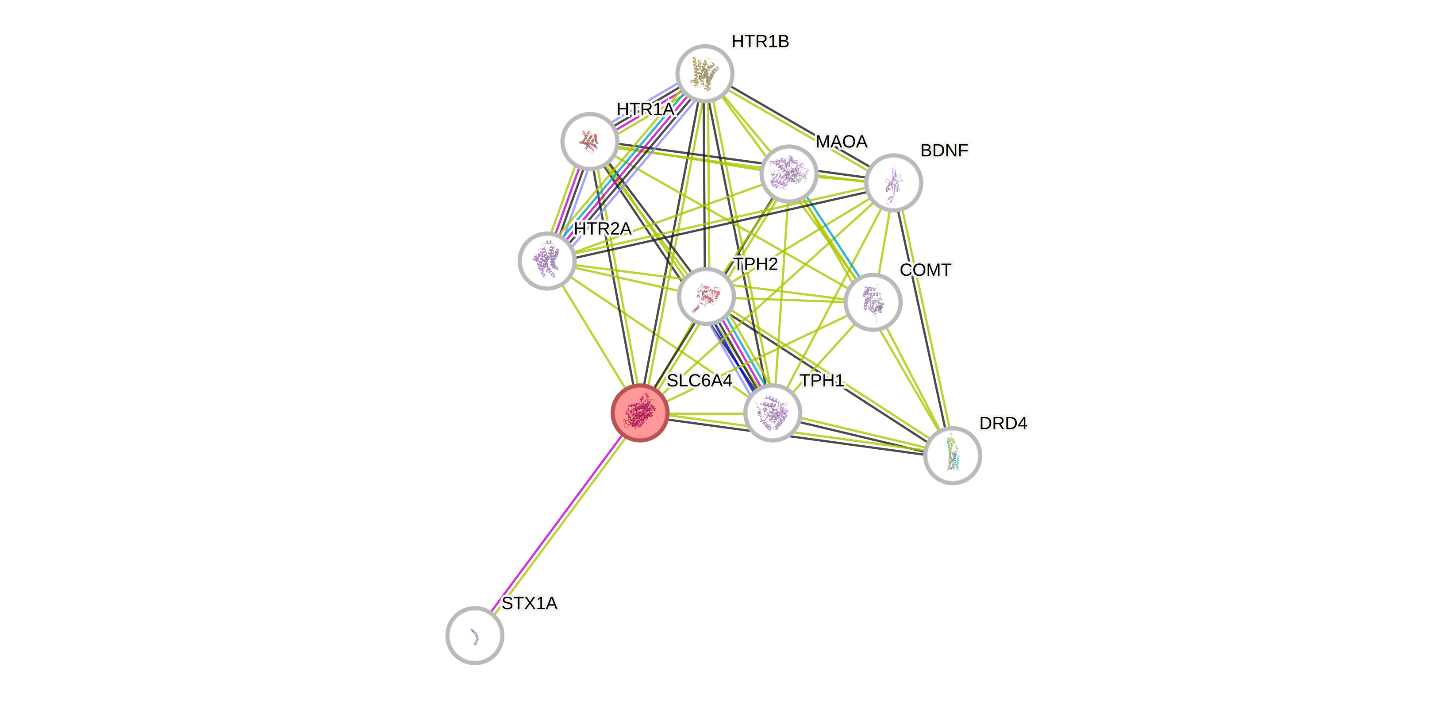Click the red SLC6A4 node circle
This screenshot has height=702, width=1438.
click(x=640, y=413)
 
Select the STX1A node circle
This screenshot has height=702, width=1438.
click(x=474, y=635)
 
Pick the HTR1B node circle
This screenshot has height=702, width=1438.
click(x=704, y=74)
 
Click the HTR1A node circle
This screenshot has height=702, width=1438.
click(x=589, y=141)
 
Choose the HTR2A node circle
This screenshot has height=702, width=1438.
click(x=547, y=261)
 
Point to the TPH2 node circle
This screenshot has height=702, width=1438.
click(x=706, y=296)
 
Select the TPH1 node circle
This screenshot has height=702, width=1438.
click(x=773, y=413)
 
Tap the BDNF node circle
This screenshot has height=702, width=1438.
click(x=893, y=183)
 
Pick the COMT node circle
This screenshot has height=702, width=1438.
click(x=873, y=302)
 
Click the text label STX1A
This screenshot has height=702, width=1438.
click(x=529, y=603)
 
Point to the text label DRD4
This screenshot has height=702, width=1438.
click(x=1003, y=423)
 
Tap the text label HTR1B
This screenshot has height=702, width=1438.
click(x=760, y=41)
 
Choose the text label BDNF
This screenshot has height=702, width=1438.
click(x=944, y=150)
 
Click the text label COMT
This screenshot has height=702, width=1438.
click(x=926, y=270)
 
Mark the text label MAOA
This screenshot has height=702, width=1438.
click(x=841, y=141)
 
